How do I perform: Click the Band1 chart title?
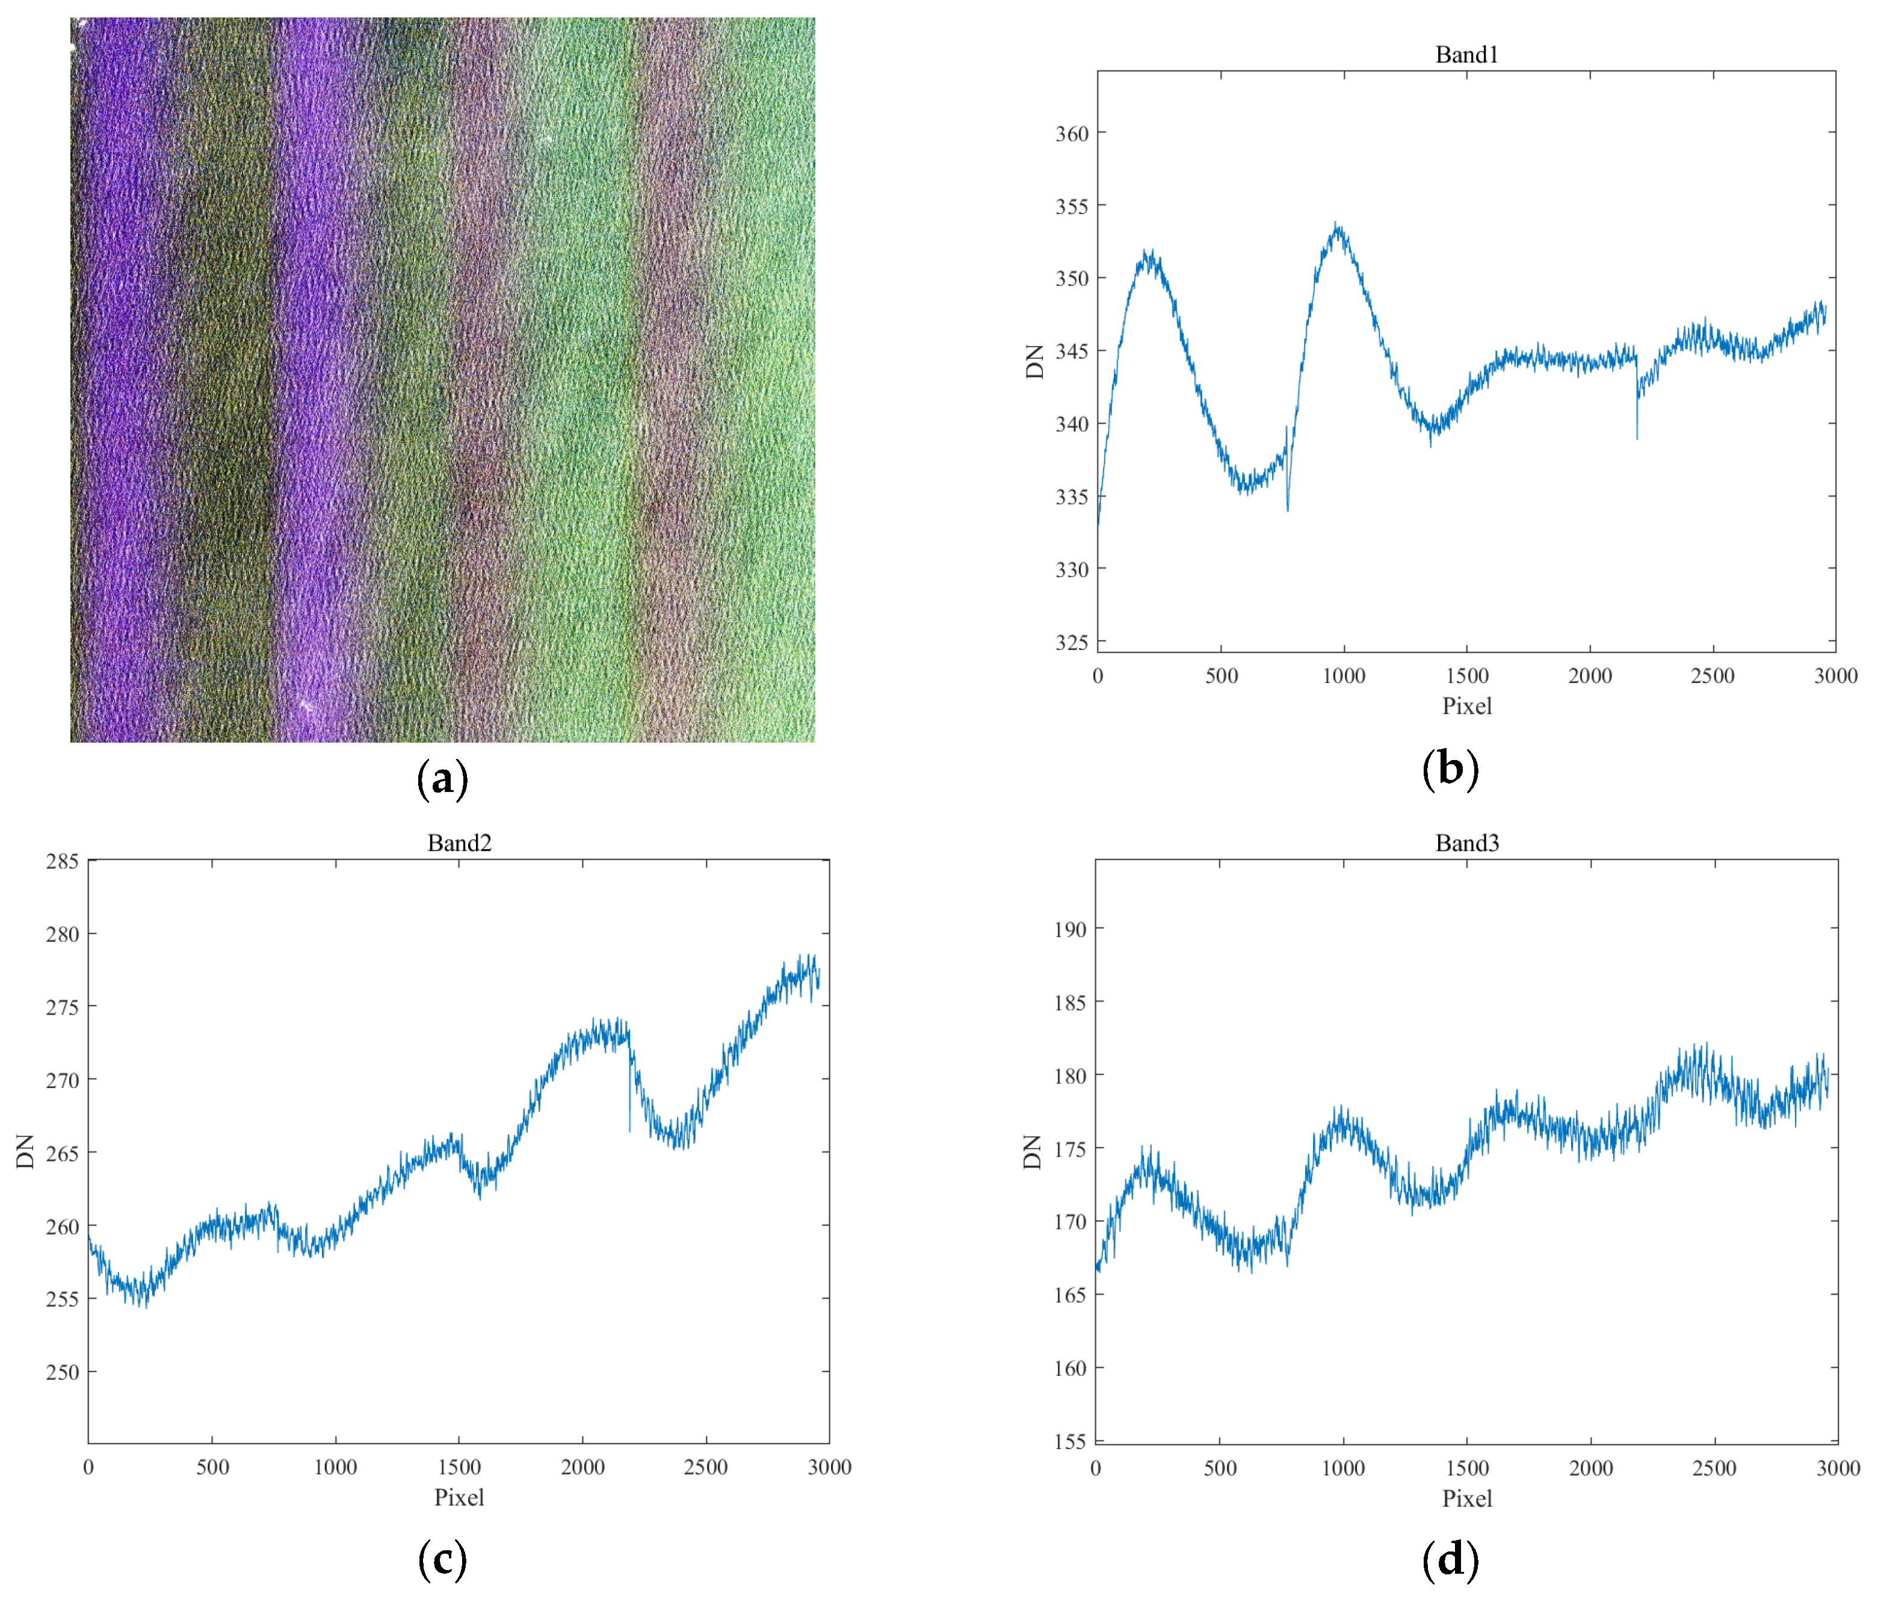click(1466, 54)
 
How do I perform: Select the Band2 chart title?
click(460, 843)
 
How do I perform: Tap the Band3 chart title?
click(1466, 843)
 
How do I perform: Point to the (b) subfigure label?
click(1450, 769)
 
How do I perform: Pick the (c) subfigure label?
click(442, 1560)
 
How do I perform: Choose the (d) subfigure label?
click(1450, 1560)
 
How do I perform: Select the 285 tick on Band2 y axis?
click(63, 861)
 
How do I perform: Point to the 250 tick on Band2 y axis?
click(63, 1372)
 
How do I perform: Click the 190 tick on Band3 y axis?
click(1070, 929)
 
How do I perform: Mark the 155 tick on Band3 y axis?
click(1070, 1441)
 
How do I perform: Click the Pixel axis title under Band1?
click(1466, 706)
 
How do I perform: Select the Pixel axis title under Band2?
click(460, 1497)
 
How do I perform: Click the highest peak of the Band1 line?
click(1337, 223)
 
